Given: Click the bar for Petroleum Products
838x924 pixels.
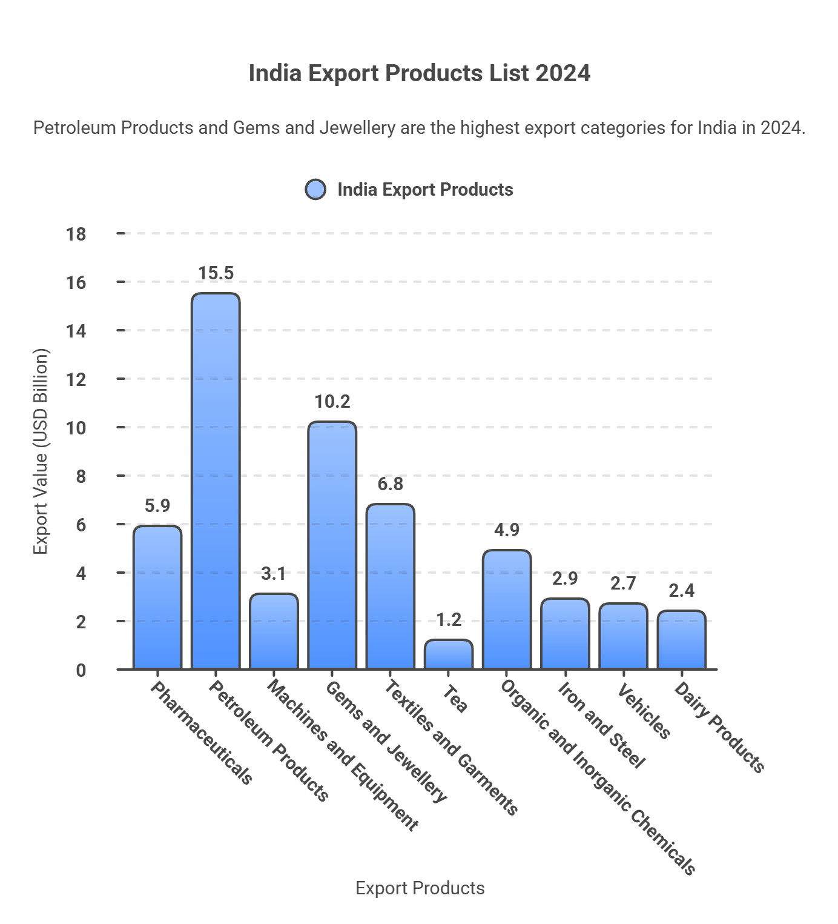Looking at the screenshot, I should pos(216,481).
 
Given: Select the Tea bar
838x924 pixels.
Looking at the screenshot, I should pos(448,654).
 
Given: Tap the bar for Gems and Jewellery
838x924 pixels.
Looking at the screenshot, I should pos(332,545).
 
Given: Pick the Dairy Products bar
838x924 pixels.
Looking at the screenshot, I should pos(681,640).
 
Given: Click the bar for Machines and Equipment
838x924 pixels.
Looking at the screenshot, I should pos(274,631).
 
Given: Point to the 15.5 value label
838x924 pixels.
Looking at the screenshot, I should pos(216,273).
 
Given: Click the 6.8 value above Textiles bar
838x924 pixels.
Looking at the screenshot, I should pos(390,484).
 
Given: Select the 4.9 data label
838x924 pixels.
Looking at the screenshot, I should pos(506,530).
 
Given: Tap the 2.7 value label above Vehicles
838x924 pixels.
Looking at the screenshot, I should pos(622,583).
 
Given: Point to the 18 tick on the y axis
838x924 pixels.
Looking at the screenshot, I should pos(76,234).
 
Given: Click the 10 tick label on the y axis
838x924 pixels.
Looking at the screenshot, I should pos(76,428).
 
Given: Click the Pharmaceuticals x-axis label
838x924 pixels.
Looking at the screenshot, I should pos(201,733).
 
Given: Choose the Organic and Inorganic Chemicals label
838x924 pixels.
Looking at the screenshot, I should pos(598,778).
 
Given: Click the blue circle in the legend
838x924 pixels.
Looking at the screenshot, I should pos(315,190).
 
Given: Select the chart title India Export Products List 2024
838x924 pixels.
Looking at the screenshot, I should pos(419,73).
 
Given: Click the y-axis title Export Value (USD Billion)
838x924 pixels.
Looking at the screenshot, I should pos(40,451).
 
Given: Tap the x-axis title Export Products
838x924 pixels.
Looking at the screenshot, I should pos(420,888).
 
